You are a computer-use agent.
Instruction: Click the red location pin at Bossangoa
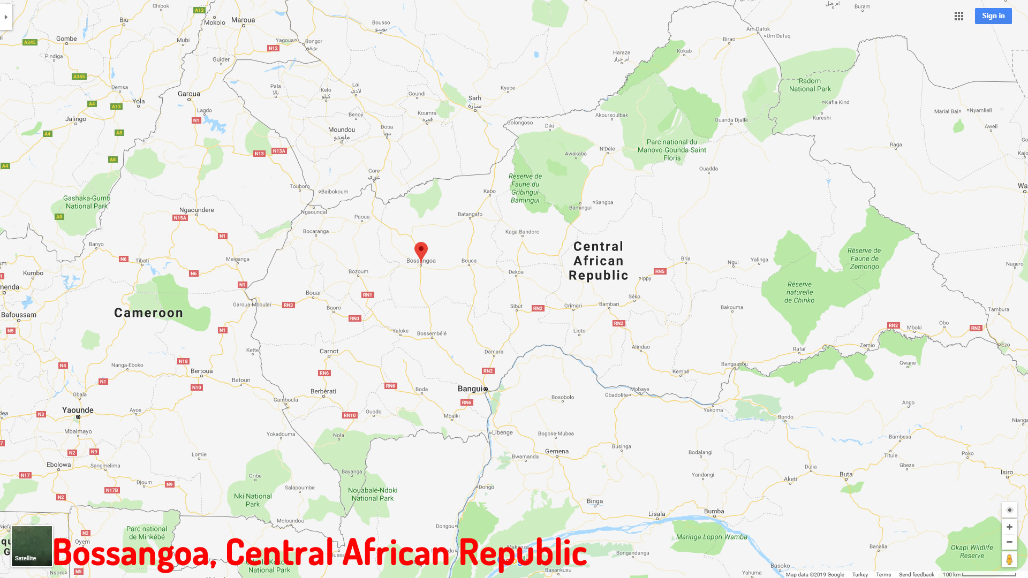point(421,251)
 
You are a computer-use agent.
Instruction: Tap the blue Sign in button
point(993,16)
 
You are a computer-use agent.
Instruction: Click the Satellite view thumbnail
point(32,546)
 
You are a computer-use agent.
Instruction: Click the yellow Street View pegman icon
point(1009,560)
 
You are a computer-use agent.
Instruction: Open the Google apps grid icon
point(958,16)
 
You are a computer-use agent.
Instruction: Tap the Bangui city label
point(470,389)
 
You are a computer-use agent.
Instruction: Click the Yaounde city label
point(78,410)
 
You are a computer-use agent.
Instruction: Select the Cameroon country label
point(148,313)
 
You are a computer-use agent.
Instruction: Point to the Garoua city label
point(188,94)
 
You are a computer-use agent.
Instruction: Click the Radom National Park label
point(810,85)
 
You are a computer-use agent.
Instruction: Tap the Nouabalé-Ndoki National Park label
point(373,494)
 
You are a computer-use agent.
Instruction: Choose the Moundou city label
point(342,130)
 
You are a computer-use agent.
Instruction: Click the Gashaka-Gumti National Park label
point(86,202)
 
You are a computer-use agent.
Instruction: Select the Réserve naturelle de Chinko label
point(799,292)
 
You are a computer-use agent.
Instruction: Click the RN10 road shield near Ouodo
point(350,415)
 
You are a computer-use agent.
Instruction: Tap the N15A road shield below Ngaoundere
point(180,218)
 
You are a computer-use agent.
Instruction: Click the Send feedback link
point(916,574)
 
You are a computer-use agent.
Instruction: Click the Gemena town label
point(557,451)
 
